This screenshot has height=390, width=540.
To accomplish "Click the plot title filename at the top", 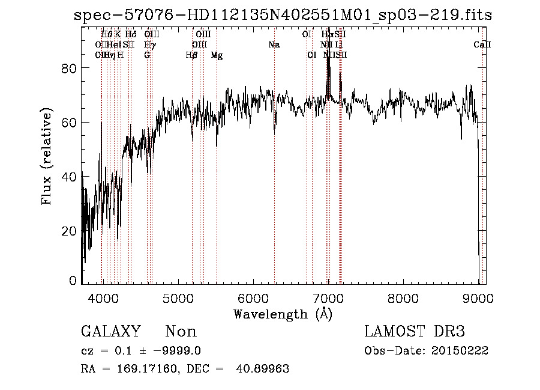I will (x=282, y=15).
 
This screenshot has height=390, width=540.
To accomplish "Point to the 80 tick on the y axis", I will (x=70, y=69).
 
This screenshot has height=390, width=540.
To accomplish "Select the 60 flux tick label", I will (x=70, y=123).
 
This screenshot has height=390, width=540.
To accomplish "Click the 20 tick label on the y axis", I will (x=70, y=231).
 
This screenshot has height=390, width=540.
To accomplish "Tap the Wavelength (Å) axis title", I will (x=283, y=314).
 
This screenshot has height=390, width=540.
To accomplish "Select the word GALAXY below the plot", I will (x=111, y=332).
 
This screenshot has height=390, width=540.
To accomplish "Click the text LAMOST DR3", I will (x=415, y=332).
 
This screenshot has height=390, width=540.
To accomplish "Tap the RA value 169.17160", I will (x=139, y=369).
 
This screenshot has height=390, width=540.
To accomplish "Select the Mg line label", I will (x=217, y=55).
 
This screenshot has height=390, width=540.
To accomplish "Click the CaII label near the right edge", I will (x=482, y=45).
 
